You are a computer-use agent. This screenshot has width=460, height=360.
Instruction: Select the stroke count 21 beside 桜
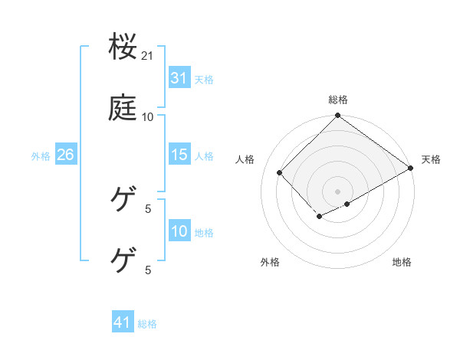pyautogui.click(x=148, y=56)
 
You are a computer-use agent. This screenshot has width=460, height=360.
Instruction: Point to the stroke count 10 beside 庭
pyautogui.click(x=148, y=116)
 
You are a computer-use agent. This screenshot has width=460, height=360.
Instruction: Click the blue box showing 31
pyautogui.click(x=179, y=78)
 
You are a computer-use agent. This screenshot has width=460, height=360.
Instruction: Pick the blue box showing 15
pyautogui.click(x=179, y=155)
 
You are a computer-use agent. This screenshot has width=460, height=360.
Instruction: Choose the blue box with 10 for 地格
pyautogui.click(x=179, y=231)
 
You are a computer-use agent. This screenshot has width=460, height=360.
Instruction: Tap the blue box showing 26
pyautogui.click(x=65, y=155)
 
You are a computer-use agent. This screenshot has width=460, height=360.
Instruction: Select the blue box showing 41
pyautogui.click(x=123, y=322)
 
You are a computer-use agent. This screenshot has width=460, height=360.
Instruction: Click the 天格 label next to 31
pyautogui.click(x=204, y=79)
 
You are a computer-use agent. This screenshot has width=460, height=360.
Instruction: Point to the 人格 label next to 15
pyautogui.click(x=204, y=155)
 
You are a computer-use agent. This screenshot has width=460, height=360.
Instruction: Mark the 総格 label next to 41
pyautogui.click(x=147, y=323)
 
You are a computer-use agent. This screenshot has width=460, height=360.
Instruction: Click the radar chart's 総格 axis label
pyautogui.click(x=338, y=100)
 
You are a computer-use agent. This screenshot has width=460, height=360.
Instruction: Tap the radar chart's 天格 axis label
pyautogui.click(x=431, y=159)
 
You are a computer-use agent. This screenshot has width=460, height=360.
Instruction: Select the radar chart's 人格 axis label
pyautogui.click(x=245, y=159)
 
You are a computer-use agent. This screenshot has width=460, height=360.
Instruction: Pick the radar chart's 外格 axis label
pyautogui.click(x=270, y=262)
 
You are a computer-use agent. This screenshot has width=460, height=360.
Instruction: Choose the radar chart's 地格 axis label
pyautogui.click(x=402, y=262)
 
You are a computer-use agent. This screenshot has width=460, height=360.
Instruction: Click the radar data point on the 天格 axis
pyautogui.click(x=412, y=168)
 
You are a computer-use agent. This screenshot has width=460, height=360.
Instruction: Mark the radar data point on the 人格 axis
pyautogui.click(x=280, y=172)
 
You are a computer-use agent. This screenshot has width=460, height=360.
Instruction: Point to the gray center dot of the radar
pyautogui.click(x=338, y=191)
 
